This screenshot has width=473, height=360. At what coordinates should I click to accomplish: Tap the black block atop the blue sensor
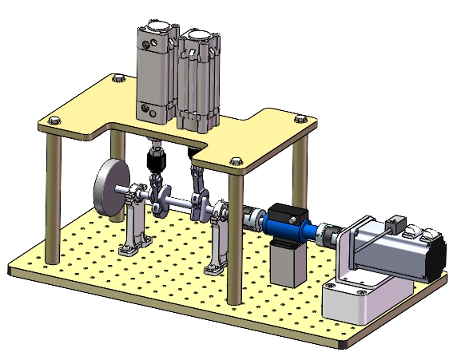point(284,213)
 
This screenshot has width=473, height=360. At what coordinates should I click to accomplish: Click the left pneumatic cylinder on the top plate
point(155,72)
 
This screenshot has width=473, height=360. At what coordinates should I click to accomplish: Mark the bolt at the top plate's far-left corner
point(54,121)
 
